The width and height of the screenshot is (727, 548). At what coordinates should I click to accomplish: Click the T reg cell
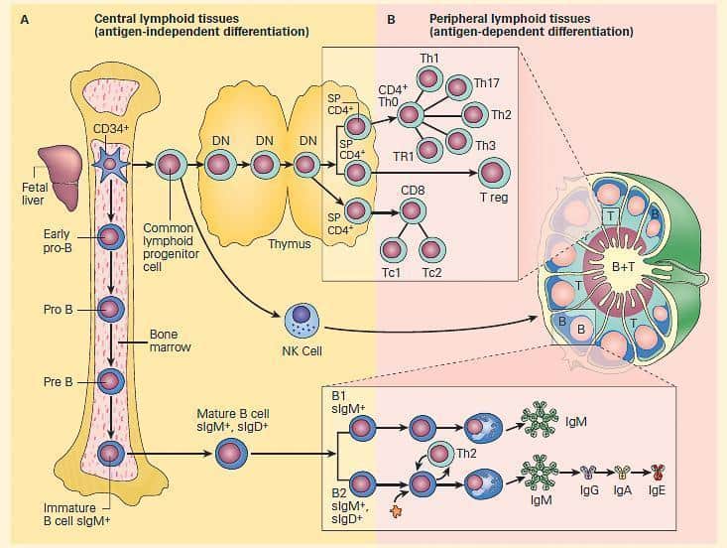[493, 172]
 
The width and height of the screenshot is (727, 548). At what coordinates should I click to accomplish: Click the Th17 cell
[457, 86]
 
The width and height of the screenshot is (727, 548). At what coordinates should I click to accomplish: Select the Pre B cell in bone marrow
[109, 380]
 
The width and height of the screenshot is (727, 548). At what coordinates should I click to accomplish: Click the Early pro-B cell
[109, 238]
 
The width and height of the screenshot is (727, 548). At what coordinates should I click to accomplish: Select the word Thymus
[290, 243]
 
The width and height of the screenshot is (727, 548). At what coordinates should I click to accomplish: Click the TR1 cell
[428, 150]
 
